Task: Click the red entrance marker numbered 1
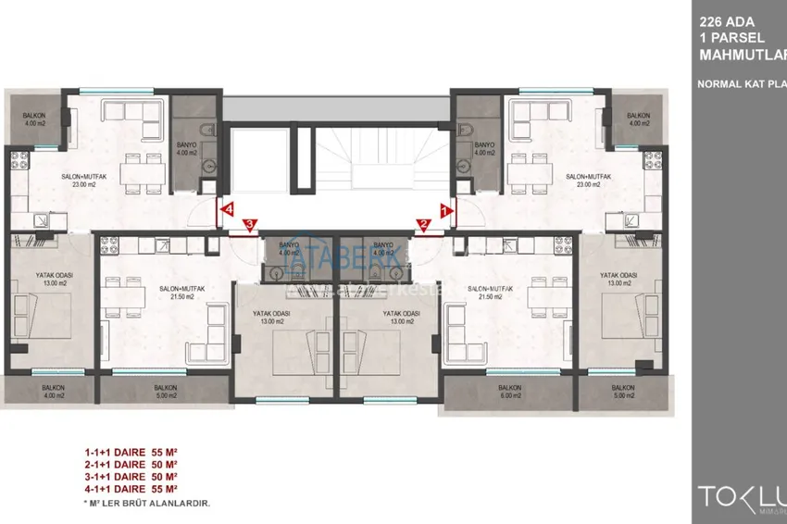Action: pyautogui.click(x=444, y=210)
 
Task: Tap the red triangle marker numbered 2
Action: pyautogui.click(x=422, y=223)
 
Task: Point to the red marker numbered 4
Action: pyautogui.click(x=227, y=209)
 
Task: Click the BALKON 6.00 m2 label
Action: pyautogui.click(x=509, y=393)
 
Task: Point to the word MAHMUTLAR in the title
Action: pyautogui.click(x=741, y=54)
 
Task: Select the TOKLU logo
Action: pyautogui.click(x=736, y=492)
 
